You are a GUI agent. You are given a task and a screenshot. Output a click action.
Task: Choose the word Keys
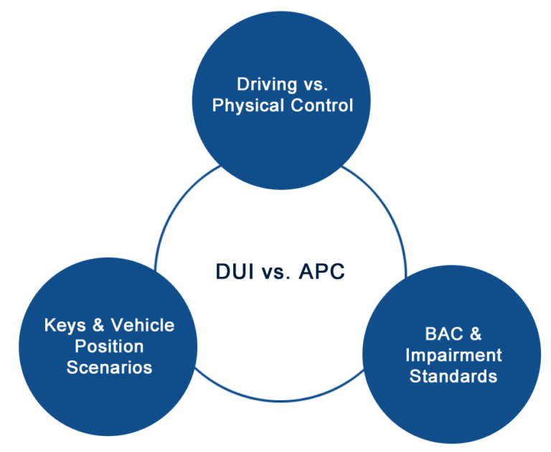click(x=65, y=326)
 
